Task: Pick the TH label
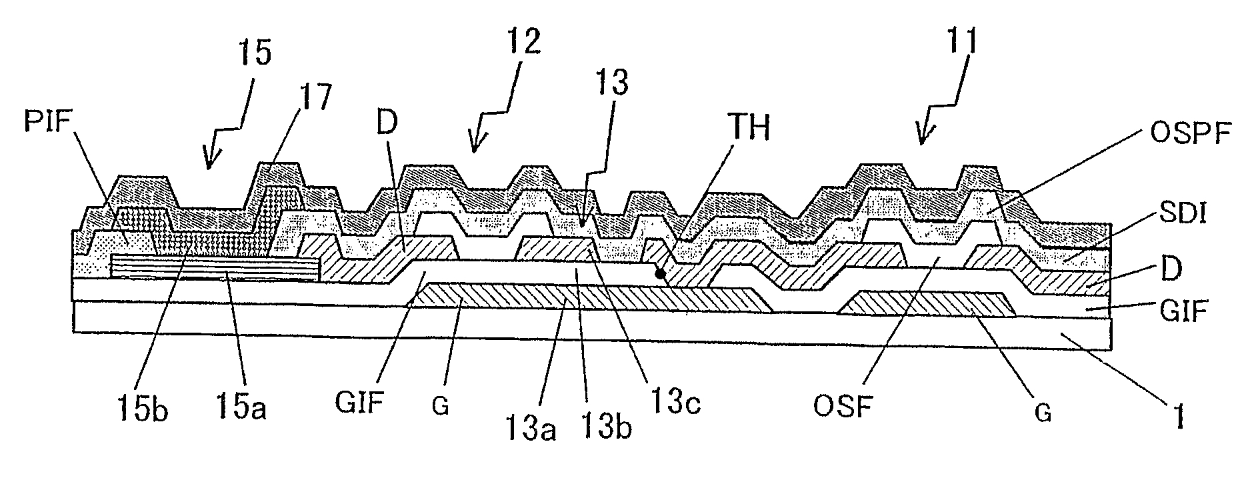[x=748, y=129]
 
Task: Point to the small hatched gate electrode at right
[x=927, y=303]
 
